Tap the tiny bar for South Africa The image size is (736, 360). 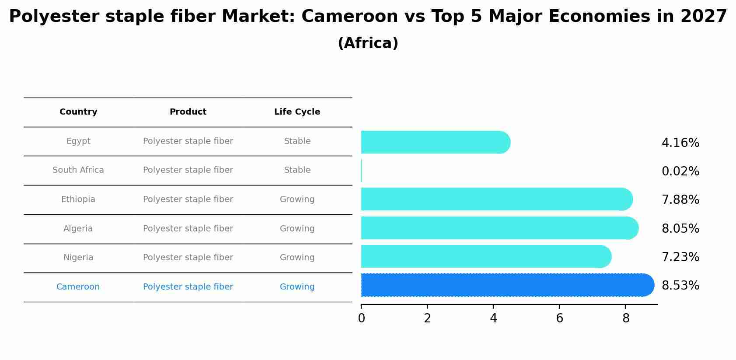(362, 171)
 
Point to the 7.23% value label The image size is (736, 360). (680, 257)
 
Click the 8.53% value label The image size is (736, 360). (680, 286)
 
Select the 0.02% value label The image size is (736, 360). (680, 171)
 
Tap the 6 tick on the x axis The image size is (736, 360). (559, 318)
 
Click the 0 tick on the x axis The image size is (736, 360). (361, 318)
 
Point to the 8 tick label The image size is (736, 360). (625, 318)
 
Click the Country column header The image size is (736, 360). (78, 112)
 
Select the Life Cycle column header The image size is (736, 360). (297, 112)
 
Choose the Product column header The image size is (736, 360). (188, 112)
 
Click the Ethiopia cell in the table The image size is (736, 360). (78, 199)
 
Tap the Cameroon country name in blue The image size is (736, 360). (78, 287)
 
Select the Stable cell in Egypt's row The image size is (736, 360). (297, 141)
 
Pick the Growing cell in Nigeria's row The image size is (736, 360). (297, 258)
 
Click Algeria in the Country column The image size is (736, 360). (78, 229)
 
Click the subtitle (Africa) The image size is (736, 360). (368, 43)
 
